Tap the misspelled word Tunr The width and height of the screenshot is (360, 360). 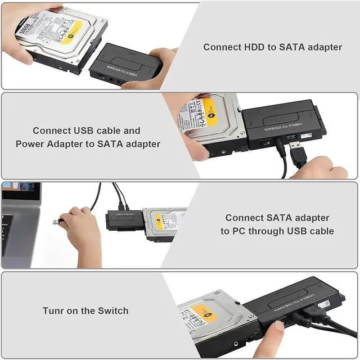(54, 310)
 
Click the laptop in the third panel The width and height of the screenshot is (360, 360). (20, 222)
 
